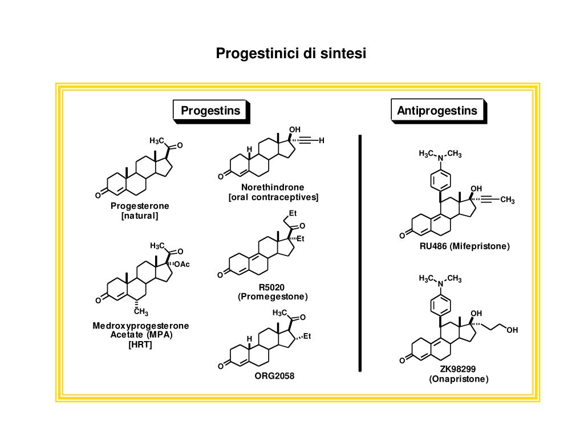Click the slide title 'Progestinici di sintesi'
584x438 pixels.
(x=291, y=54)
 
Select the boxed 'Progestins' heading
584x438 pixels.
(x=210, y=110)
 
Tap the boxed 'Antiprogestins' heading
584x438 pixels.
(x=437, y=110)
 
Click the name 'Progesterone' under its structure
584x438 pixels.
(x=140, y=206)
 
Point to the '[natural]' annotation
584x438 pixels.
(x=140, y=216)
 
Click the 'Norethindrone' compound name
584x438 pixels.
(x=273, y=187)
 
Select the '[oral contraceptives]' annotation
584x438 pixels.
(x=273, y=197)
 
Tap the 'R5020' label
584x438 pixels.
(x=271, y=287)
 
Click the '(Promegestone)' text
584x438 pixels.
(x=273, y=297)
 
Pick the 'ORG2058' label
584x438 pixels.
(x=274, y=376)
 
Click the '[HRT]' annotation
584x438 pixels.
(x=140, y=345)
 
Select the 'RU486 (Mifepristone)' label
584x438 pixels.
(x=464, y=246)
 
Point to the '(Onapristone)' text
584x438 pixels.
(x=459, y=379)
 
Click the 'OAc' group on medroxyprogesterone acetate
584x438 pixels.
(x=182, y=264)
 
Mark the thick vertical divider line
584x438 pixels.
(x=360, y=253)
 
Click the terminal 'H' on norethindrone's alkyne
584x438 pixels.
(x=322, y=140)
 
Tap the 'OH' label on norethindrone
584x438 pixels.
(x=294, y=129)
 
